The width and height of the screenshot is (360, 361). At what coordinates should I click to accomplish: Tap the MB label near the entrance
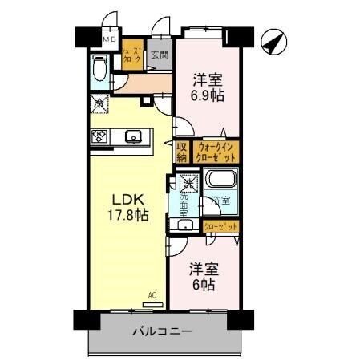109,39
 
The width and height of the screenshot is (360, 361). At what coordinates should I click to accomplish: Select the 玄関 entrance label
160,55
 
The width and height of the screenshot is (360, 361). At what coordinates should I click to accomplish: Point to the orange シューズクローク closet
132,55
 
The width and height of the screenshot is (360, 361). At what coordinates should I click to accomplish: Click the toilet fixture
100,71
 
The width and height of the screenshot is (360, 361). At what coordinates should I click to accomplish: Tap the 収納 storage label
182,152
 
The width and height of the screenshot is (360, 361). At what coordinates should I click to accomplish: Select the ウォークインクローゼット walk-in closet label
214,152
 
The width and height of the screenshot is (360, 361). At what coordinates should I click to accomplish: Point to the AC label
152,295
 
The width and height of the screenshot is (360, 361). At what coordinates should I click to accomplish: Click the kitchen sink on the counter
134,136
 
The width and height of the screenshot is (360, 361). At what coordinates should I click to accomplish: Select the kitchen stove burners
100,136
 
